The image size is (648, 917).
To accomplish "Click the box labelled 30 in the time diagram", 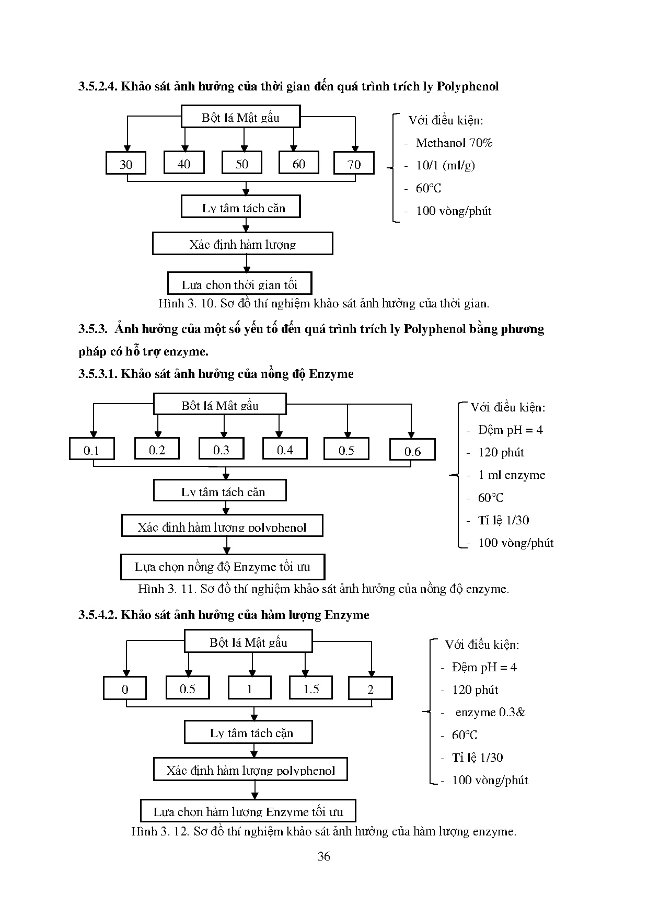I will click(x=126, y=164).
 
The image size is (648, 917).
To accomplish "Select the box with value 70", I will click(x=354, y=164).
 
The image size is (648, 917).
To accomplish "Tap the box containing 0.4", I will click(x=285, y=450).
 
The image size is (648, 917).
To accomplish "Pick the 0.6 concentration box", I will click(x=412, y=451).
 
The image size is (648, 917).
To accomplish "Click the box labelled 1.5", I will click(x=311, y=689).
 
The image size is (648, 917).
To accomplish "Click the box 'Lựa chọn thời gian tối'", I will click(x=239, y=284).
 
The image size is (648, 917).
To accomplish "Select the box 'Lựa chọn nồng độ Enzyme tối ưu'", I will click(x=223, y=567).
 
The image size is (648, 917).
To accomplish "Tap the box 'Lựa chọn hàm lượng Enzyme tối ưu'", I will click(x=248, y=811).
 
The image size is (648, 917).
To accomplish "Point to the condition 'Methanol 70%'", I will click(x=454, y=143).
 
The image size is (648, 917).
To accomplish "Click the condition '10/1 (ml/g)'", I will click(x=445, y=165).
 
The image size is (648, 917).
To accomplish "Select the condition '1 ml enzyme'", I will click(x=511, y=475).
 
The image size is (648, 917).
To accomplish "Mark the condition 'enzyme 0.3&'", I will click(x=490, y=712).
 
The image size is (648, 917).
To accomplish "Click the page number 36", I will click(x=324, y=856).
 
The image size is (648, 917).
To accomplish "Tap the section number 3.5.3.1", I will click(x=98, y=374).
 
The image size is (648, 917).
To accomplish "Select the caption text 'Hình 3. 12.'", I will click(x=160, y=831).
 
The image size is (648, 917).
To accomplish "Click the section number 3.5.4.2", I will click(x=98, y=615).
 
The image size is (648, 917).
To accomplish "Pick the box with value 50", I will click(x=242, y=164).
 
